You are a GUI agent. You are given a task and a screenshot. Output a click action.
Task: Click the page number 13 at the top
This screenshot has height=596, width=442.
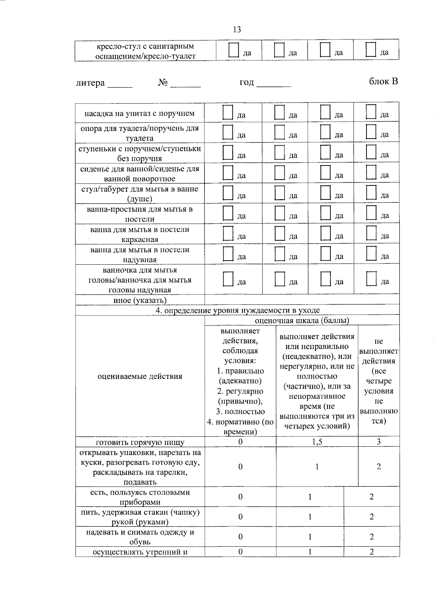pyautogui.click(x=237, y=29)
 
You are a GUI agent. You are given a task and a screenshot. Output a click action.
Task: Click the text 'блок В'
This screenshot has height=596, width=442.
pyautogui.click(x=383, y=81)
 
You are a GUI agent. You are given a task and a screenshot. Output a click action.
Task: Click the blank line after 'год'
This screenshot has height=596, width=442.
pyautogui.click(x=274, y=85)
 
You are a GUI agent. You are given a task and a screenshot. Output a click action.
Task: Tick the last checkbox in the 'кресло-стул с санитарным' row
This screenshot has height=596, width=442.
pyautogui.click(x=371, y=50)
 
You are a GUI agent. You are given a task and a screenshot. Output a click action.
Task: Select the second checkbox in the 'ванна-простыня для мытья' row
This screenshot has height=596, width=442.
pyautogui.click(x=280, y=213)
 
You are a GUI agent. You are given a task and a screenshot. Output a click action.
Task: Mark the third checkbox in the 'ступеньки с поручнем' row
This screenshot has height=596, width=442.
pyautogui.click(x=325, y=153)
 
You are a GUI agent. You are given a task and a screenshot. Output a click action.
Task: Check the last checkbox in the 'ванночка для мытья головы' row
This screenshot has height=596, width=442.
pyautogui.click(x=371, y=279)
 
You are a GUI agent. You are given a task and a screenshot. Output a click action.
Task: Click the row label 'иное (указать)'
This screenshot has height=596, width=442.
pyautogui.click(x=140, y=300)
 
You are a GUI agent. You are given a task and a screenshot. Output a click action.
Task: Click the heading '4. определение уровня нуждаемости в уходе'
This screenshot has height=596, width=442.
pyautogui.click(x=237, y=310)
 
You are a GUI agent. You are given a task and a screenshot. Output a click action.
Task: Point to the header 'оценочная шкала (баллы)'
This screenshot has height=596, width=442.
pyautogui.click(x=302, y=320)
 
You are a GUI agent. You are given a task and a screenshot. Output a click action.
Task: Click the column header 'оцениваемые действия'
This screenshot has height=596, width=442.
pyautogui.click(x=140, y=376)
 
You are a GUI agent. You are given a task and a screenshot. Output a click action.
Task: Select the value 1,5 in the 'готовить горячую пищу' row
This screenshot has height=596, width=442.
pyautogui.click(x=317, y=442)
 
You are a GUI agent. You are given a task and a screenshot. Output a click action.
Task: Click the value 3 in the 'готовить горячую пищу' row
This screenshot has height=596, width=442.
pyautogui.click(x=378, y=442)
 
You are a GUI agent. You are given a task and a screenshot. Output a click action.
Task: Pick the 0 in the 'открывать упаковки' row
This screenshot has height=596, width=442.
pyautogui.click(x=240, y=467)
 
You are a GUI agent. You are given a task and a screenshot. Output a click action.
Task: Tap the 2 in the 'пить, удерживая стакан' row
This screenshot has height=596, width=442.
pyautogui.click(x=371, y=517)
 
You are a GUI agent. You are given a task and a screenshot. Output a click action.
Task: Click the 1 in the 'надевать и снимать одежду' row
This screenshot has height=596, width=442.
pyautogui.click(x=310, y=537)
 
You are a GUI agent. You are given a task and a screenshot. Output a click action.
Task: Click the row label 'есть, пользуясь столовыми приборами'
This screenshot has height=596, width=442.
pyautogui.click(x=140, y=497)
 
